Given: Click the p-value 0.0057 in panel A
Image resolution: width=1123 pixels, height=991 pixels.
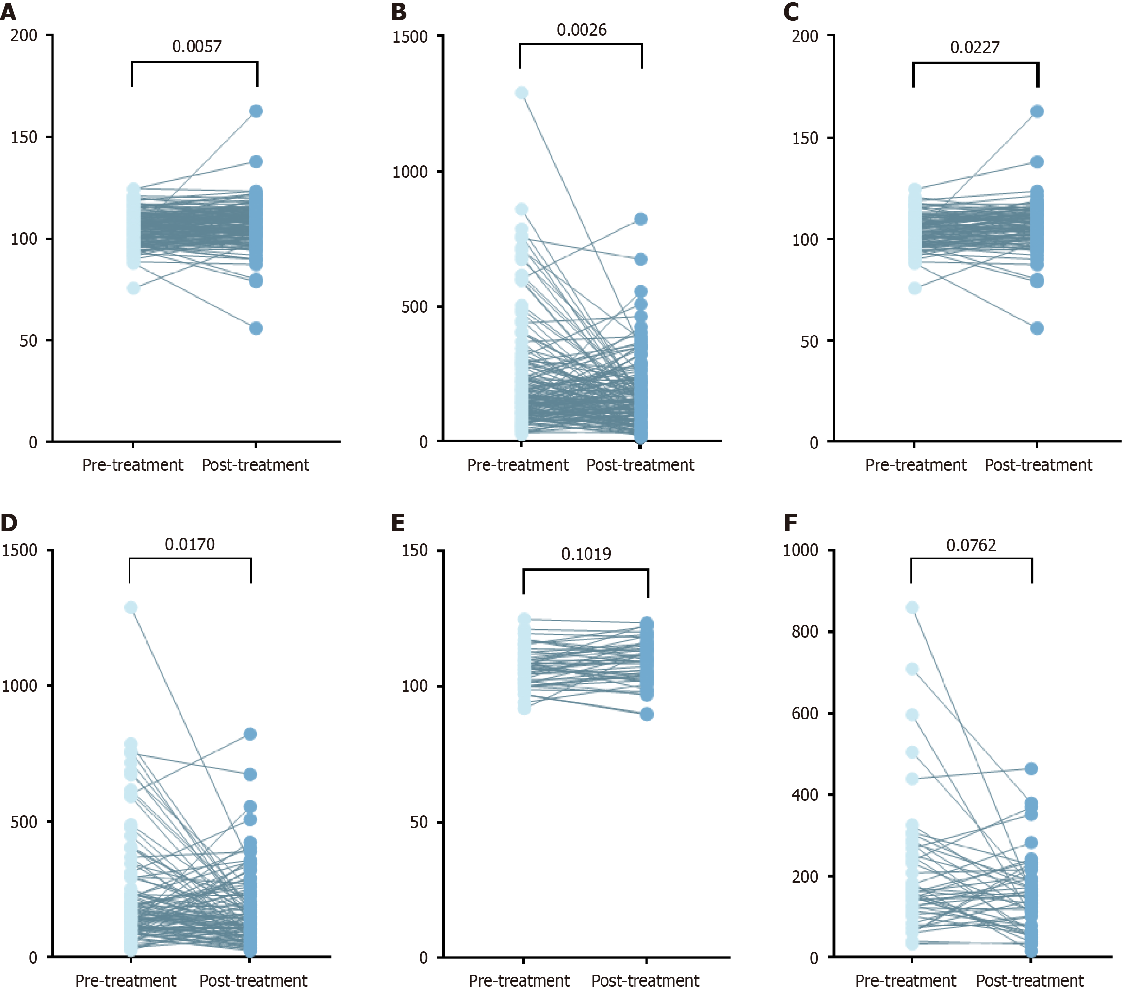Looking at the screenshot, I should [x=196, y=47].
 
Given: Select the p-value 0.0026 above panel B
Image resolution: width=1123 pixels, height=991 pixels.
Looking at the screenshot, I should [x=581, y=30].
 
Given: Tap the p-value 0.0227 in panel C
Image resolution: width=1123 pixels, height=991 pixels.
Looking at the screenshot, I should [x=975, y=48].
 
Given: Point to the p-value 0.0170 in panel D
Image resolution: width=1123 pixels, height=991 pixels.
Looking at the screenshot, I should [x=190, y=544].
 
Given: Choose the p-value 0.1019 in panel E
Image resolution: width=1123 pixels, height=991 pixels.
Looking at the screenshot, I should [x=586, y=554].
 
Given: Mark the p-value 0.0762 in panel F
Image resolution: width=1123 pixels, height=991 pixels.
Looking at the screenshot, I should [x=971, y=546].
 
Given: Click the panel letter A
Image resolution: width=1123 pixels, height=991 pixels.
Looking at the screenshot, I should [x=8, y=12].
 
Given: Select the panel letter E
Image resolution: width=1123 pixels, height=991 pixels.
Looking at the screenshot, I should [x=398, y=523].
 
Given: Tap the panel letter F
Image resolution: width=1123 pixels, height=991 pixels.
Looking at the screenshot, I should [x=790, y=523].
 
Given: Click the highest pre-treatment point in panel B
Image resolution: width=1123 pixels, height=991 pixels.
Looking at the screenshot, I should [x=521, y=93].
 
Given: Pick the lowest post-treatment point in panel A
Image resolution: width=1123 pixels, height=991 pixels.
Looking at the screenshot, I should [x=256, y=328].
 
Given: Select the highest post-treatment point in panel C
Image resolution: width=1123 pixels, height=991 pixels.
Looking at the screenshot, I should [x=1037, y=112].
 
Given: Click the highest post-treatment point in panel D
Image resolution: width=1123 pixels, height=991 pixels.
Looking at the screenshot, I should [x=250, y=734].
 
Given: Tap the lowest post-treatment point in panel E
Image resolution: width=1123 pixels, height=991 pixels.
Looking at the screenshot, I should [x=647, y=714].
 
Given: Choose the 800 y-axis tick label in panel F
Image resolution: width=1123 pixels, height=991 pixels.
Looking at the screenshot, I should [x=805, y=632].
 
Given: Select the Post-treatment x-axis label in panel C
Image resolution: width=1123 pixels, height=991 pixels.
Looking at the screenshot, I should [x=1039, y=465].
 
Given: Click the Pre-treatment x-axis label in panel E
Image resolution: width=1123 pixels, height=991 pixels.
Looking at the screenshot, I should [x=519, y=980].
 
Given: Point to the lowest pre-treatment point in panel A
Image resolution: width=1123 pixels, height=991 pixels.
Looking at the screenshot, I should [x=133, y=288].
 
